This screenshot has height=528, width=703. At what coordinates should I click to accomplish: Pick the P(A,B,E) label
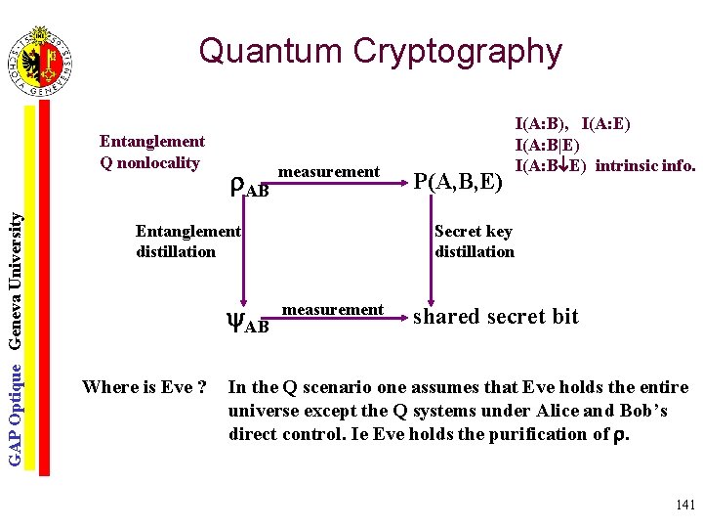tap(458, 181)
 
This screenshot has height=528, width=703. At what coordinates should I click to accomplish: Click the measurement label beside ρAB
tap(329, 172)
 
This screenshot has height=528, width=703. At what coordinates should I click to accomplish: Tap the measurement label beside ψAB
tap(332, 310)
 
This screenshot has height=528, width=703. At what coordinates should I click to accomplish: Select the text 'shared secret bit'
tap(496, 317)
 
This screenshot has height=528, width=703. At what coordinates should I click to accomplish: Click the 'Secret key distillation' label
tap(474, 242)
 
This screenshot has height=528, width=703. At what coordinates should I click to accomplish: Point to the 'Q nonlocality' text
tap(149, 162)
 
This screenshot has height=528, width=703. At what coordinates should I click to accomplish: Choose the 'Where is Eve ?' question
tap(145, 387)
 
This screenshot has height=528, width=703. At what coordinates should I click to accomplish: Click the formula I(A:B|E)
tap(553, 145)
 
